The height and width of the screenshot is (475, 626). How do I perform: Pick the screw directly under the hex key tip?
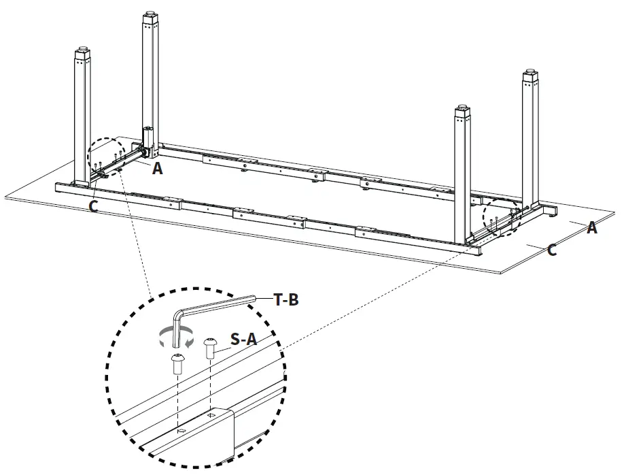(178, 363)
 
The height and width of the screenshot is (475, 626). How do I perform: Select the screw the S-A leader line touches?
(210, 347)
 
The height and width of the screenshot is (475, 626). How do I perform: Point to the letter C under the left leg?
(93, 206)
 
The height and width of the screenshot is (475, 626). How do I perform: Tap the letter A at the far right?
(592, 229)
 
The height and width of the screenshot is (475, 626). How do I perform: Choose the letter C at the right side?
(552, 250)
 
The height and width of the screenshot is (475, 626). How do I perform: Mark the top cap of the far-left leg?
(82, 52)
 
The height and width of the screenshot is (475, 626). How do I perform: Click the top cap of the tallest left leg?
(152, 16)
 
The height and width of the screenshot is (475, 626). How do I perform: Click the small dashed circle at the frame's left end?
(105, 159)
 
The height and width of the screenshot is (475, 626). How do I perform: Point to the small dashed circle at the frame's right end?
(501, 220)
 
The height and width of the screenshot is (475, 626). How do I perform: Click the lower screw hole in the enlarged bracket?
(179, 431)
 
